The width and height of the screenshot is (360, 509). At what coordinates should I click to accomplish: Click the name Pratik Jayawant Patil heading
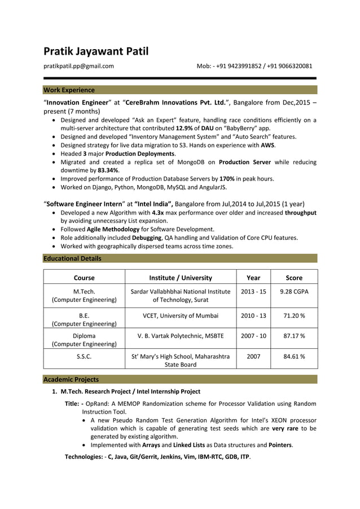click(96, 52)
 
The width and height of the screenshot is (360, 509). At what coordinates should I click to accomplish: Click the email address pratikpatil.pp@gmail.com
click(79, 66)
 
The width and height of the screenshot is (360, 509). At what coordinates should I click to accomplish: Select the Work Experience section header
click(69, 90)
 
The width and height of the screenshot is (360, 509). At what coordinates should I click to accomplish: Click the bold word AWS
click(267, 145)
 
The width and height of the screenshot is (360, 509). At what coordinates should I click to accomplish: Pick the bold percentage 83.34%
click(108, 170)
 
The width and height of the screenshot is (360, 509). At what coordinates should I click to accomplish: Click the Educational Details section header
click(73, 258)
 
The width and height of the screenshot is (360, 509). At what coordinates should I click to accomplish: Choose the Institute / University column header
click(181, 278)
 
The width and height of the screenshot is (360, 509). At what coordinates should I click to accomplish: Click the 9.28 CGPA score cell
click(294, 291)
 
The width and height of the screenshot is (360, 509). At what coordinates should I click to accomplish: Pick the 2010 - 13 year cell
click(253, 315)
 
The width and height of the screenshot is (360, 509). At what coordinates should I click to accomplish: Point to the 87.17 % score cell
click(294, 336)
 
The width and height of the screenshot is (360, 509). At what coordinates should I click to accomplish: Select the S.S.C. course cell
click(84, 357)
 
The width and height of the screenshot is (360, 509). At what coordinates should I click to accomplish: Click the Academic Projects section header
click(71, 379)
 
